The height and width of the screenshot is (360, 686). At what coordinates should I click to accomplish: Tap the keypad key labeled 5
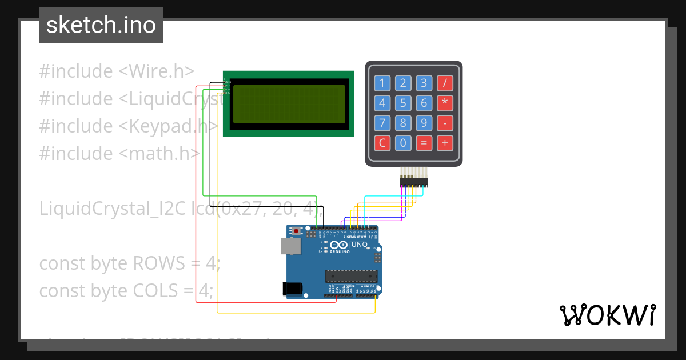point(403,103)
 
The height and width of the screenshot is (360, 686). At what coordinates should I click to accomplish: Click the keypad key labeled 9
point(424,123)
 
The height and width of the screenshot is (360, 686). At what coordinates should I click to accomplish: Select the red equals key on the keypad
point(424,143)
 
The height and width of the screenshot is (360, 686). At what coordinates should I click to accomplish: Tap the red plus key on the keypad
point(445,143)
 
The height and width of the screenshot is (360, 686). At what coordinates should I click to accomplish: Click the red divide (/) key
point(445,83)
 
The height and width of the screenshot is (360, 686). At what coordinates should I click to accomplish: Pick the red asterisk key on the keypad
point(445,103)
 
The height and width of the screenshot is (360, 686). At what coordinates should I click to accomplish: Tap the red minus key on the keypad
point(445,123)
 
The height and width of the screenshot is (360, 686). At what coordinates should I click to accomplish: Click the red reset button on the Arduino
point(296,231)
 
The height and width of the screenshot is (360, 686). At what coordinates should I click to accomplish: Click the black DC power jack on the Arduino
point(293,289)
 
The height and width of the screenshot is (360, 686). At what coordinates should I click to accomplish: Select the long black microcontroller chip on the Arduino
point(350,276)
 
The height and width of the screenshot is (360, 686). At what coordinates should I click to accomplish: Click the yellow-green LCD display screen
point(289,103)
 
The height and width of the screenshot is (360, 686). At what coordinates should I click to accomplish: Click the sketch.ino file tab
point(101,25)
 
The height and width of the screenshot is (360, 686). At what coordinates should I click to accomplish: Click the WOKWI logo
point(607,315)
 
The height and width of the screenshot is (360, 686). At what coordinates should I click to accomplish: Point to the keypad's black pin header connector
point(413,182)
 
